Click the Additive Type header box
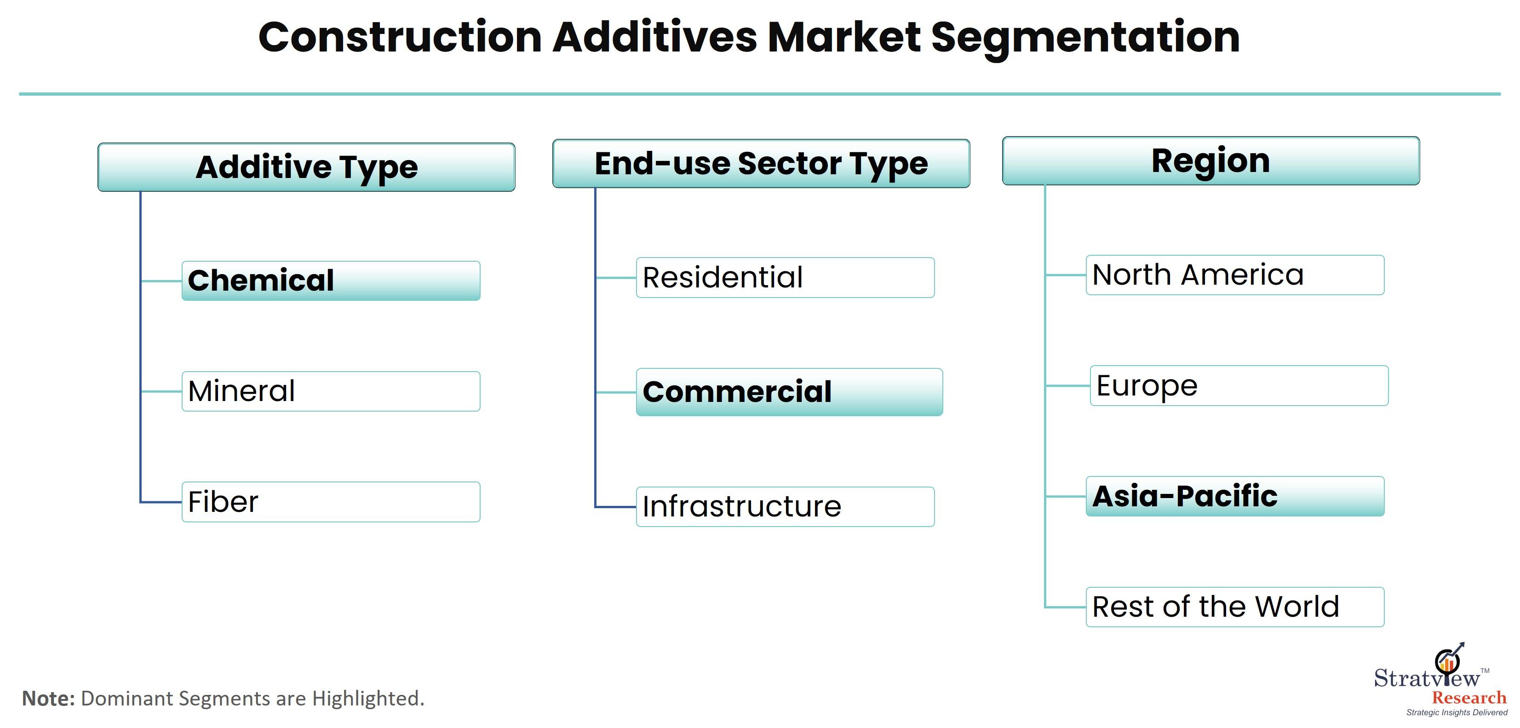306,167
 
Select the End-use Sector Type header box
761,163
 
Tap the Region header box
1211,161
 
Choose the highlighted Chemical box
331,281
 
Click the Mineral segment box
331,391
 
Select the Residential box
786,277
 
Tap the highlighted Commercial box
790,392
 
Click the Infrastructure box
786,507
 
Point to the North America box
1235,275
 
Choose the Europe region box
1239,386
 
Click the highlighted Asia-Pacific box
1235,496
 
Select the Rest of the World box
1235,607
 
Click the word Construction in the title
400,37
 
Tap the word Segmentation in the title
1086,38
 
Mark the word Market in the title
844,37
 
